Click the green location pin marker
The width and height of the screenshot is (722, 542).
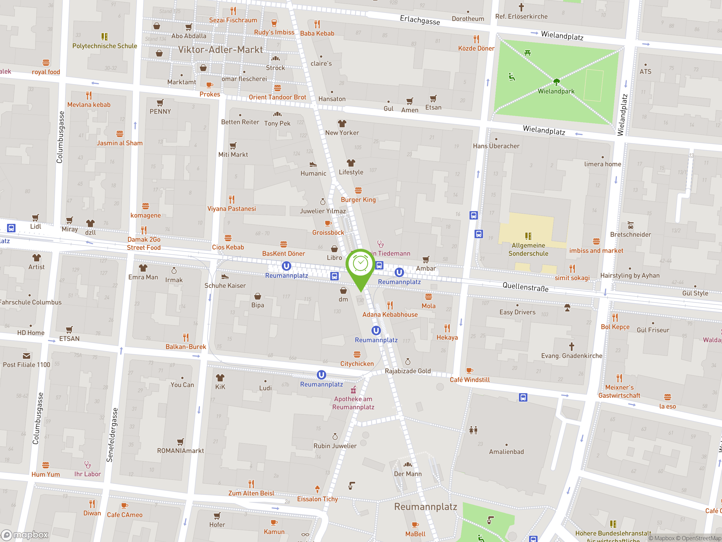360,266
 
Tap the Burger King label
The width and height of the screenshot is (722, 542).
358,200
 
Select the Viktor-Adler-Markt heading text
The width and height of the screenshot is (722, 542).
220,50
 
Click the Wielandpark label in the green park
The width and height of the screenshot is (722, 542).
556,91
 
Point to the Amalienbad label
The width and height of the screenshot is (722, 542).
506,452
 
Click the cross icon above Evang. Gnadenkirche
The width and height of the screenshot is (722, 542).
571,346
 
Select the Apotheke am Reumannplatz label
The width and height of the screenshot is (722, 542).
353,403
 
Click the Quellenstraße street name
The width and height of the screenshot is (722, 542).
525,287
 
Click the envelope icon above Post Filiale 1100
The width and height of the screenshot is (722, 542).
27,356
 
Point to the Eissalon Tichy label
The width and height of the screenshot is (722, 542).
317,499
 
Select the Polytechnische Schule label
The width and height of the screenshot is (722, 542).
104,46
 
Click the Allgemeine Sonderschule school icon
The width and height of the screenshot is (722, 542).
528,236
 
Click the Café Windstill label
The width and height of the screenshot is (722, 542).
469,380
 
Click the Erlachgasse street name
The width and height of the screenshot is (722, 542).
420,20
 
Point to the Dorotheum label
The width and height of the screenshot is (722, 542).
468,19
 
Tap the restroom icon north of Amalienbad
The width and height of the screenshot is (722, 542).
473,430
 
